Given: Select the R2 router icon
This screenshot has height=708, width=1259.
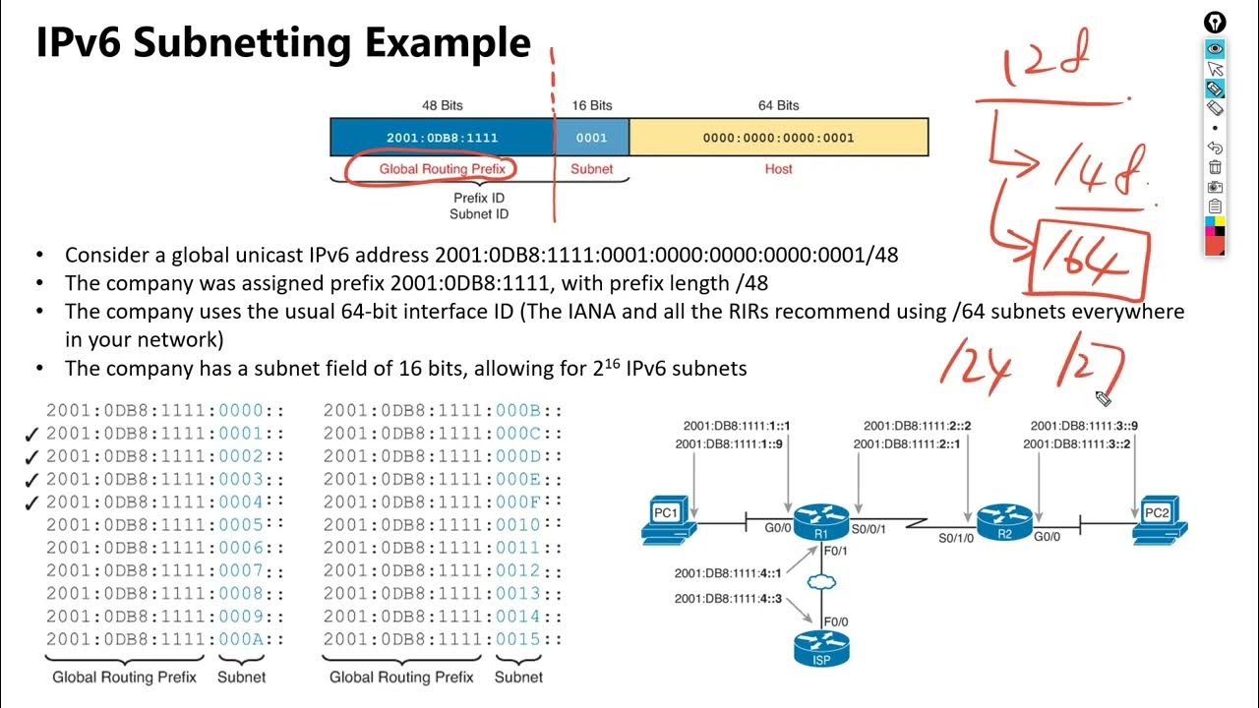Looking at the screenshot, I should (1004, 520).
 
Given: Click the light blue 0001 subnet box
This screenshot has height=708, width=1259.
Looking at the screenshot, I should (591, 138).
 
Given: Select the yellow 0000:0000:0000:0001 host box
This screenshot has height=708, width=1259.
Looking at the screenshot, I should (778, 138).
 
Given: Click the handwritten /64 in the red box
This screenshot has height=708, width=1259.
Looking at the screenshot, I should (1090, 259).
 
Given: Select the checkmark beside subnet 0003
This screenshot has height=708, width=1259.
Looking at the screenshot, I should (31, 480).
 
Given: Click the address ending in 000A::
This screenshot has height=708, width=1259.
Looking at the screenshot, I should (165, 639).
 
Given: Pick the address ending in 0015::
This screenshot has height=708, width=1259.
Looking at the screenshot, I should (443, 639).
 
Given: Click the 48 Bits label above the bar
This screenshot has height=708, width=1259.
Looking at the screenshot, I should (442, 105).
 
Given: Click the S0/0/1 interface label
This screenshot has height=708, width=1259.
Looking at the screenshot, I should (869, 529).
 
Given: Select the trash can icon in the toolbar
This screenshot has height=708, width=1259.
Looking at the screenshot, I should (1215, 167).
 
